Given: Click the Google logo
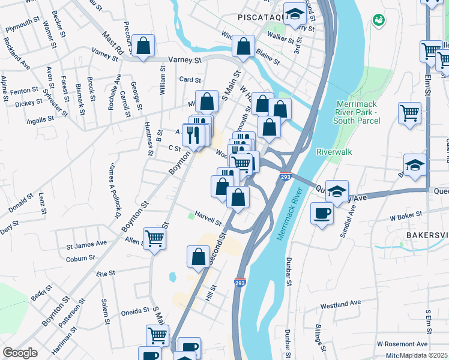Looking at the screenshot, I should click(20, 353).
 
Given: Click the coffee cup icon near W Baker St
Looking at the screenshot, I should click(322, 213).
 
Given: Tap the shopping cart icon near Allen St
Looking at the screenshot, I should click(155, 239).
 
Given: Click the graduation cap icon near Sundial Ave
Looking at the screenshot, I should click(337, 191).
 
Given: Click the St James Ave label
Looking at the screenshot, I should click(86, 244).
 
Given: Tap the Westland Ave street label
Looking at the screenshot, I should click(340, 305).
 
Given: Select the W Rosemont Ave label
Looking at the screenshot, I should click(402, 344).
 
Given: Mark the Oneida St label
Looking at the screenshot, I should click(135, 311).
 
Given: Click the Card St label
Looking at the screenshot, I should click(189, 79).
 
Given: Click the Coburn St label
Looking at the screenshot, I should click(77, 259).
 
